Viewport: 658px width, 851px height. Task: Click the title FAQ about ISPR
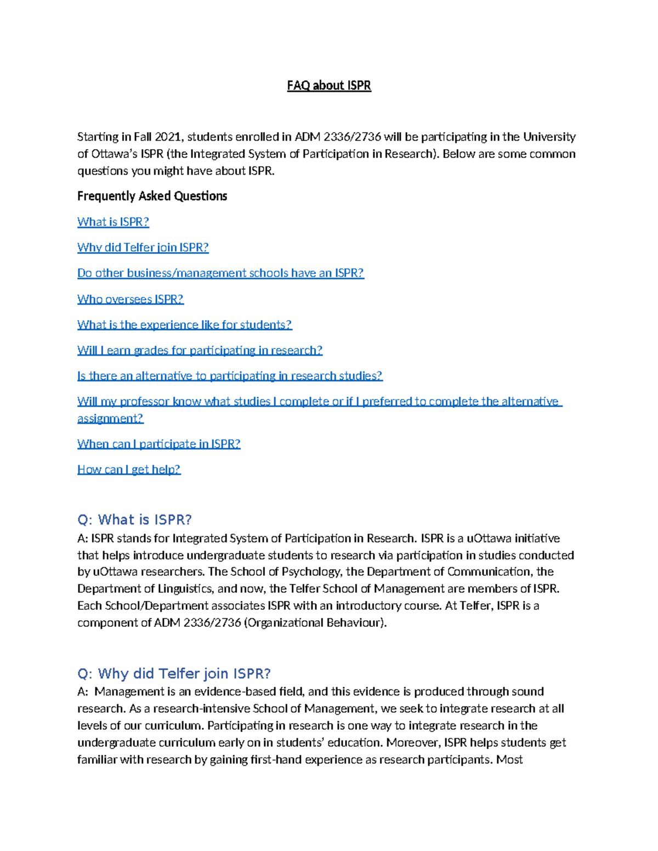[329, 86]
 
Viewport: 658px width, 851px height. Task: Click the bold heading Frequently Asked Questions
[152, 196]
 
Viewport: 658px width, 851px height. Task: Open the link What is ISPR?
[113, 222]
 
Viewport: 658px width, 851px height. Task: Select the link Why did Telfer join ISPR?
[143, 248]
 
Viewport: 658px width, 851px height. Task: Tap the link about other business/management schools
[220, 273]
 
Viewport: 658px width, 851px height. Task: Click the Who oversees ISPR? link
[131, 299]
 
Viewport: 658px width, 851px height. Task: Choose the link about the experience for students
[185, 325]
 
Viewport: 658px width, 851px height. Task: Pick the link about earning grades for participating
[200, 350]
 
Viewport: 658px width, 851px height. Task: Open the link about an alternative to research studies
[230, 376]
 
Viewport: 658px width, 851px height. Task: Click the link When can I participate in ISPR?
[159, 444]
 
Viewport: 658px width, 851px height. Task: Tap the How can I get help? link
[129, 470]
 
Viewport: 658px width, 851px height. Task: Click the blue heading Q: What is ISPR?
[134, 519]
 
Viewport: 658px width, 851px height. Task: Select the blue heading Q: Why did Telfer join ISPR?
[174, 673]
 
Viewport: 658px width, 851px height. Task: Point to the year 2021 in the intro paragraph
[168, 137]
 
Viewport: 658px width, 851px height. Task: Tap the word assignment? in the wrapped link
[110, 419]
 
